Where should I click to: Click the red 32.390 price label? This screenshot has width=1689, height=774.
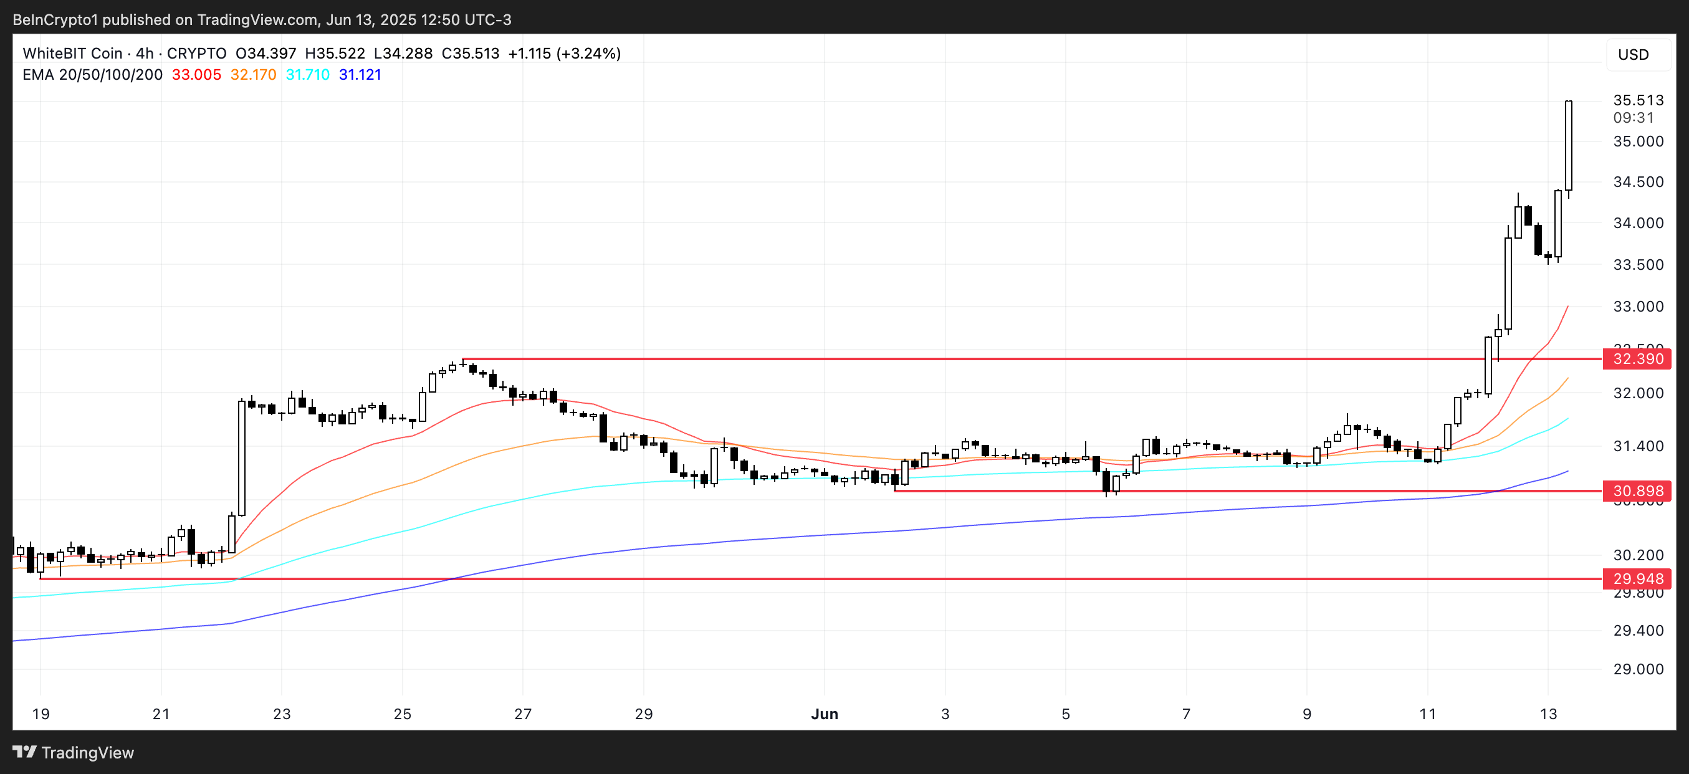pos(1637,359)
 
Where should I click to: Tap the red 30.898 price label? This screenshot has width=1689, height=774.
pos(1637,491)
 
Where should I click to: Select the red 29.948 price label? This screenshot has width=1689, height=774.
pos(1637,579)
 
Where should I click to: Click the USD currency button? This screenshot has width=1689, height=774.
pos(1633,54)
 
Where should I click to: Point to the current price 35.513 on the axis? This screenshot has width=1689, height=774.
pos(1638,100)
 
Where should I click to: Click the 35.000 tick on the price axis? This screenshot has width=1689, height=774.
pos(1638,141)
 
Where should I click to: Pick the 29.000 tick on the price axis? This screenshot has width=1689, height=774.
pos(1638,669)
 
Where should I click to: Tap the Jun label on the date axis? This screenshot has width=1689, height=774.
pos(824,714)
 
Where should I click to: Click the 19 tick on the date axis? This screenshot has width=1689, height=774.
pos(41,714)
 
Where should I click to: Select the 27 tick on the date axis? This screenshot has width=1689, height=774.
pos(522,714)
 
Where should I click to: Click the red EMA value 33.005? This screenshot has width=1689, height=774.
pos(196,75)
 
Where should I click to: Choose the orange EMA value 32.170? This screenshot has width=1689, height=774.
pos(253,75)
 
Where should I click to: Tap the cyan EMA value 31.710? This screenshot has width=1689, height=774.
pos(307,75)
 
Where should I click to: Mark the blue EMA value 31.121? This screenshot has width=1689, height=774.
pos(360,75)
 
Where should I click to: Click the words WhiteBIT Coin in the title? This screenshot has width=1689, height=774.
pos(72,54)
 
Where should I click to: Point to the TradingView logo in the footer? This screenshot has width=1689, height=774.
pos(74,752)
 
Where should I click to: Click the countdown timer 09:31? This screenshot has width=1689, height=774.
pos(1634,118)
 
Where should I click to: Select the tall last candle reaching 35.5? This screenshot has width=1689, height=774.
pos(1568,145)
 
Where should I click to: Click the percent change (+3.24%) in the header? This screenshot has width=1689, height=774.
pos(588,54)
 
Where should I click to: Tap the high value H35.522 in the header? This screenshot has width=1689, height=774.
pos(335,54)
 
